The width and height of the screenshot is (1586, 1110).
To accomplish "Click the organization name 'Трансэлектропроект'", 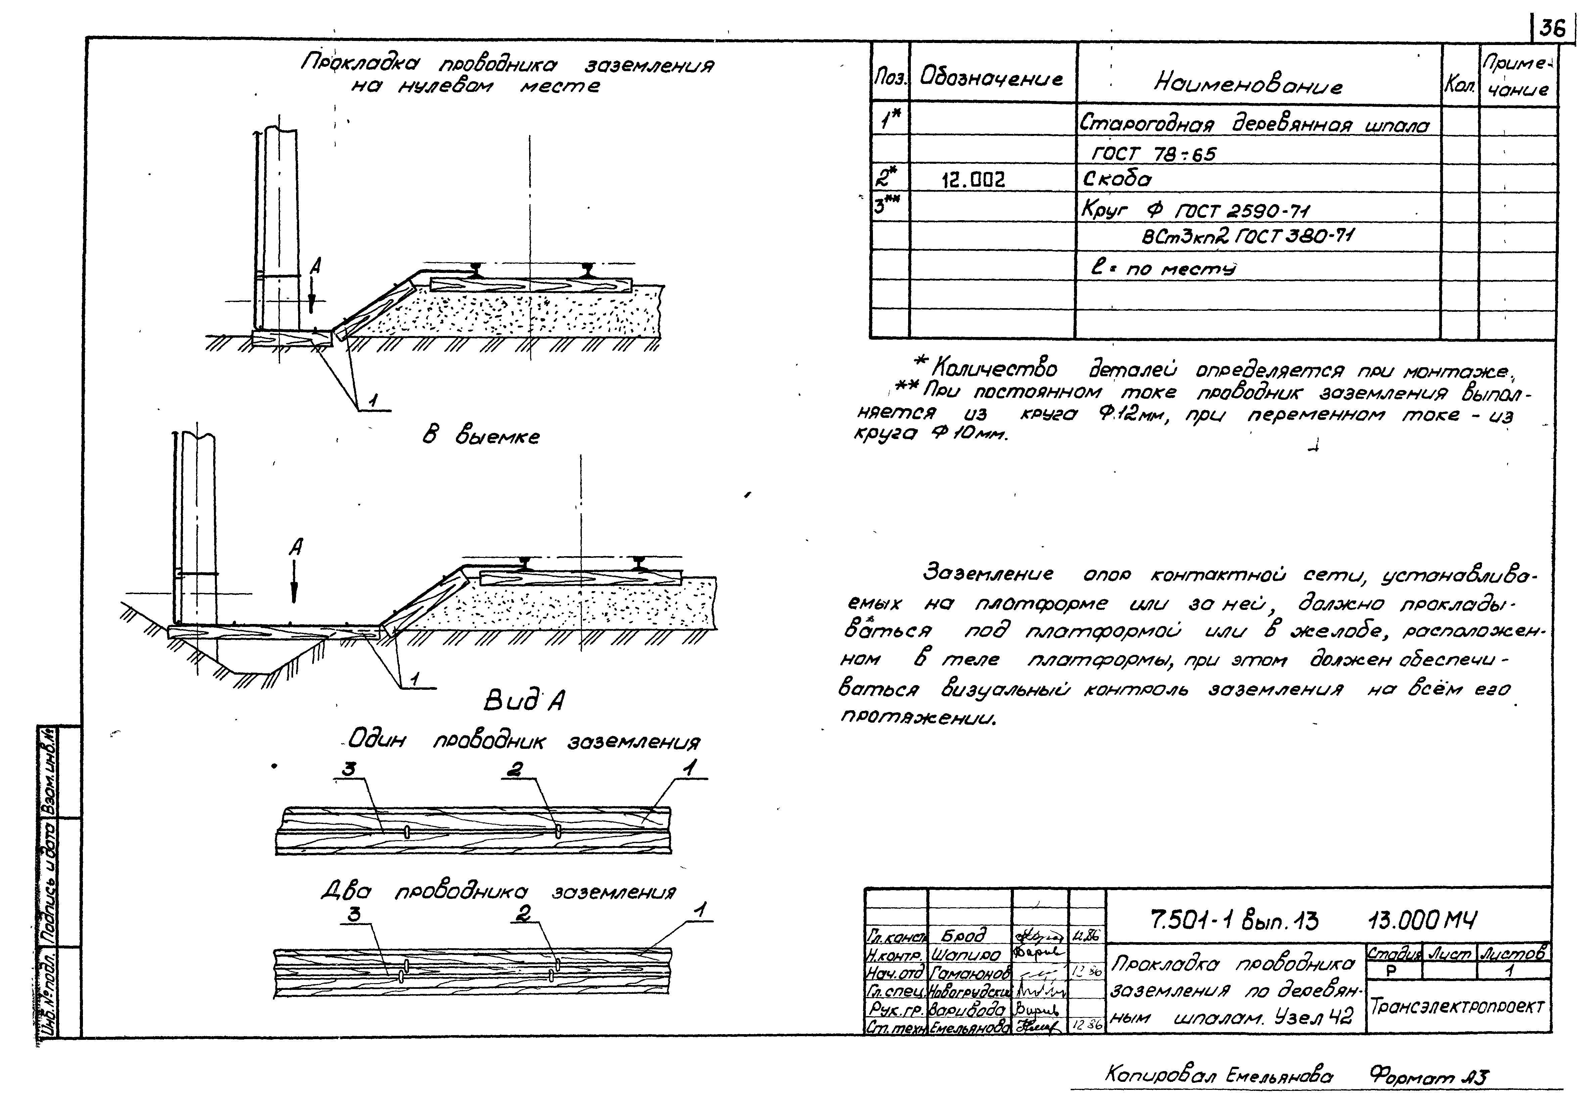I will coord(1457,1006).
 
